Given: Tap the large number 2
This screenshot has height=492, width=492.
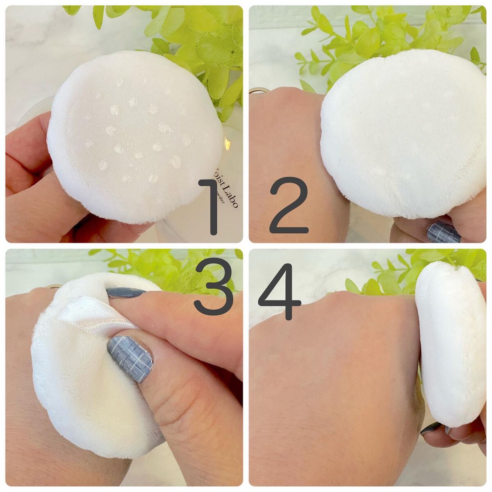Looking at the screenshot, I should click(289, 205).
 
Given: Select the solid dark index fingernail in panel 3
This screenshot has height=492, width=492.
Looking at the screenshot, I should click(125, 292).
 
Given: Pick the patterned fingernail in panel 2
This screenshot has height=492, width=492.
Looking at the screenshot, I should click(443, 233).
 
